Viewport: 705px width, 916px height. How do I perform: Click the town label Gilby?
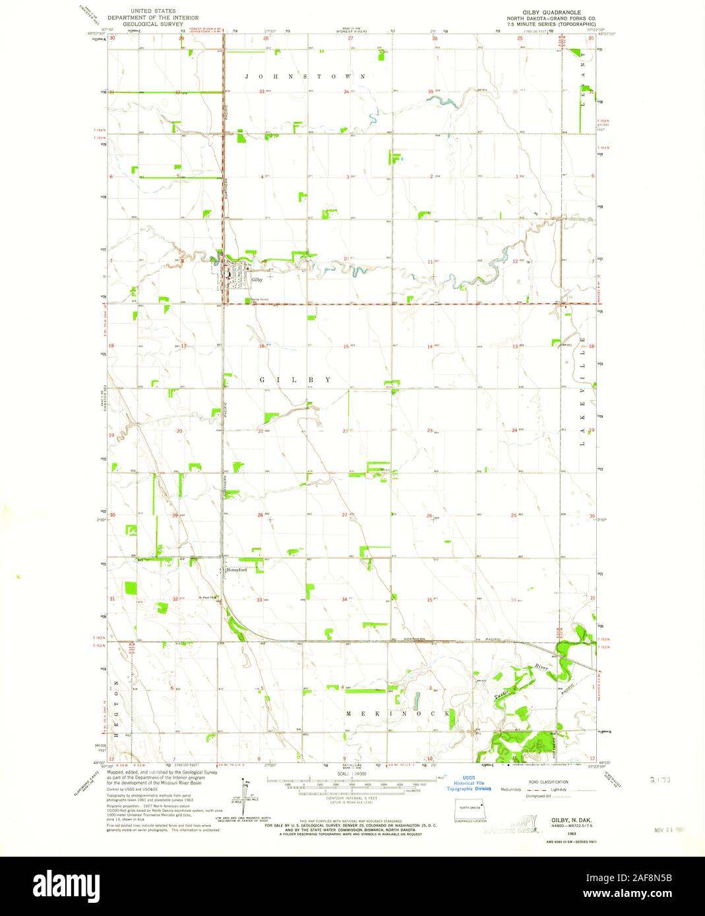pyautogui.click(x=257, y=280)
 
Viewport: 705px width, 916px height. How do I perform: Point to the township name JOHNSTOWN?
pyautogui.click(x=306, y=76)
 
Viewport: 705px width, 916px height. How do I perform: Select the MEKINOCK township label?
pyautogui.click(x=398, y=714)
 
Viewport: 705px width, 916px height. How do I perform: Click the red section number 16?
pyautogui.click(x=262, y=346)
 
